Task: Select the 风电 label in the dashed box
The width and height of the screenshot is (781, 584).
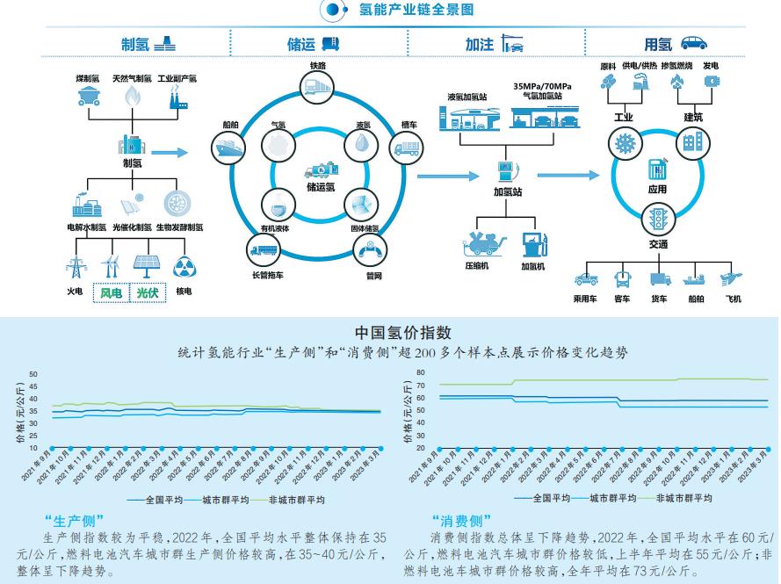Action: click(111, 293)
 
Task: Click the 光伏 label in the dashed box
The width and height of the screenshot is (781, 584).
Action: click(147, 293)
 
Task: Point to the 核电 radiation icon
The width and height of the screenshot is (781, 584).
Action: click(184, 267)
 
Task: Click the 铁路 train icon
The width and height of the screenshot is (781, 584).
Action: click(317, 85)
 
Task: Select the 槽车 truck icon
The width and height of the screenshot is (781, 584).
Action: click(407, 148)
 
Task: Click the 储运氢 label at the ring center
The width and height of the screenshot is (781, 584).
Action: click(321, 186)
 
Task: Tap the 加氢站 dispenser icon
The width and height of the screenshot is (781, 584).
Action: click(506, 169)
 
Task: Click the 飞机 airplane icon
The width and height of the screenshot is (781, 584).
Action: click(728, 278)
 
